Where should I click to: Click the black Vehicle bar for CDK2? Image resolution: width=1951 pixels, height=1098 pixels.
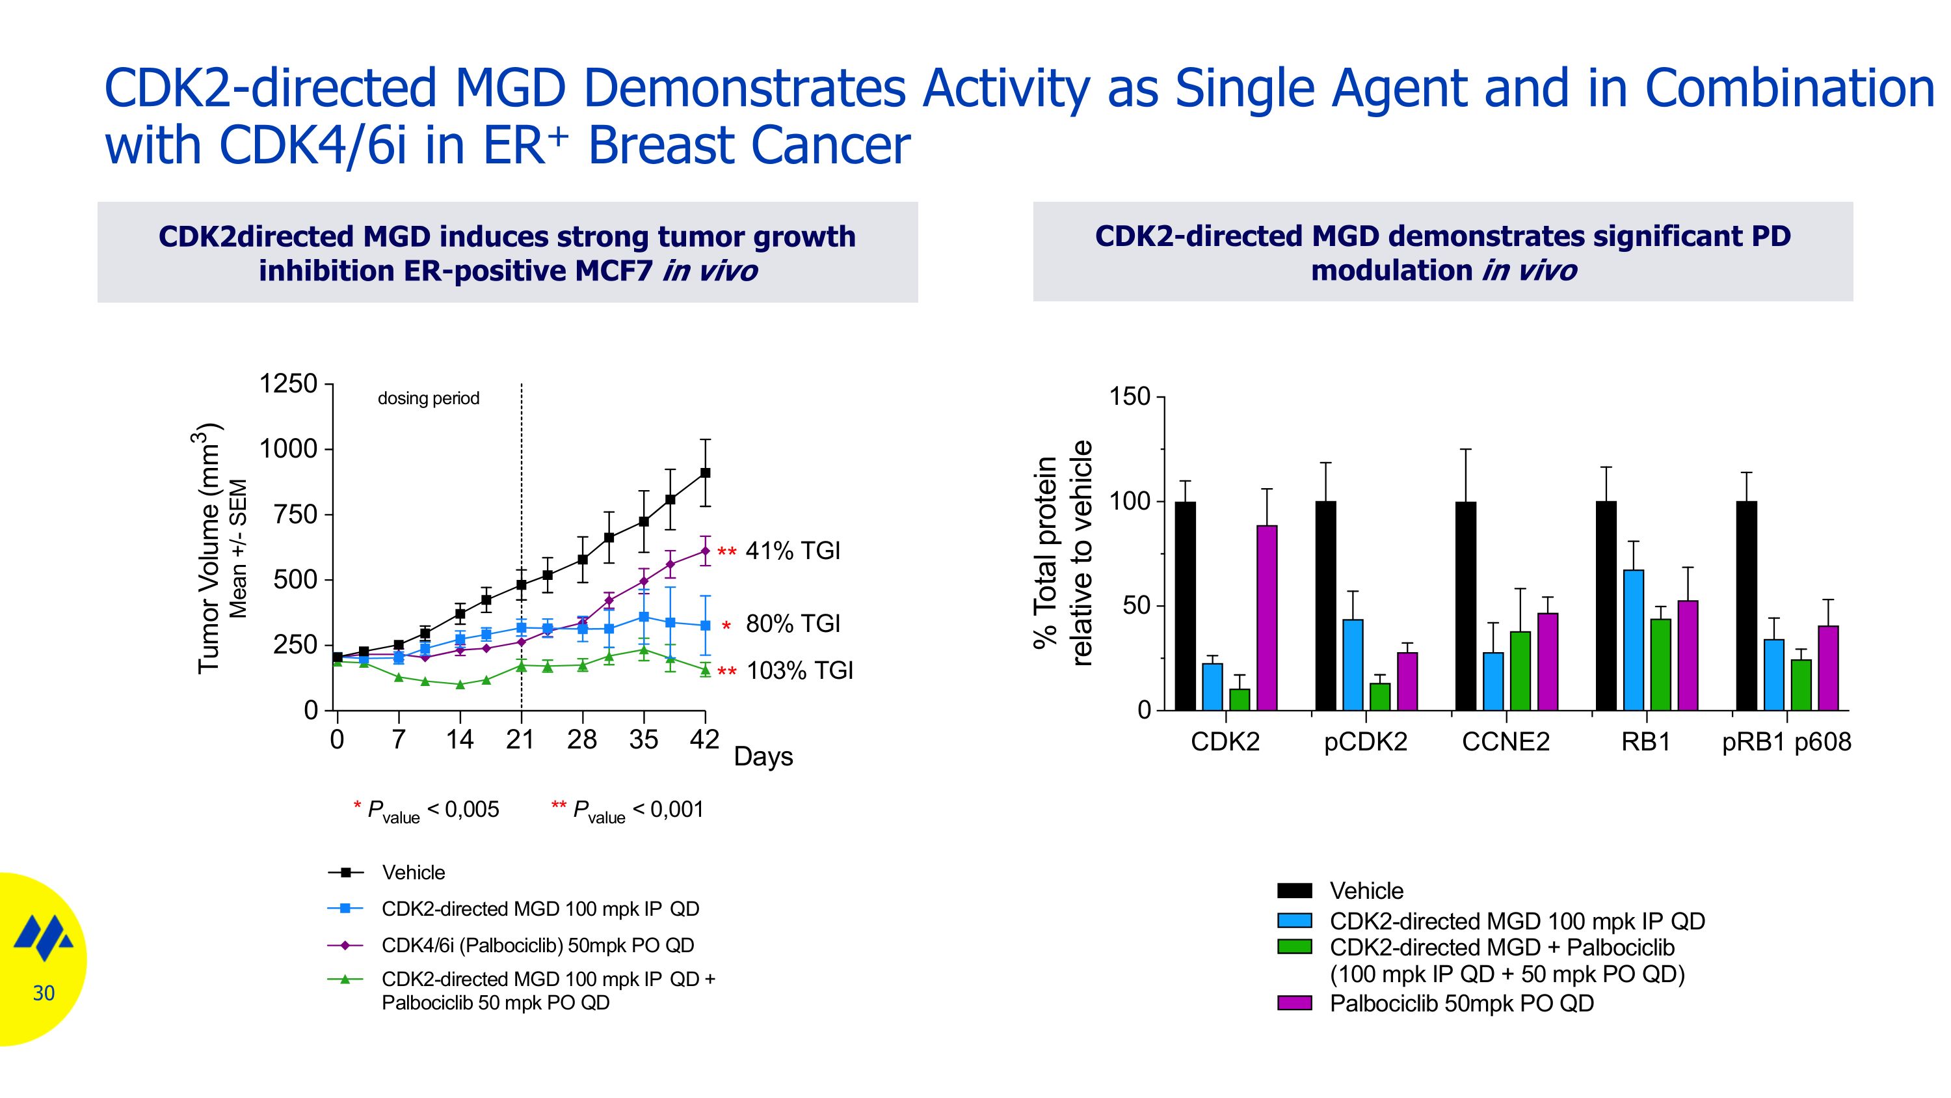(1186, 605)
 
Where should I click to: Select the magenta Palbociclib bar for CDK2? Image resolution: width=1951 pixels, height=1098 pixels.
(1266, 618)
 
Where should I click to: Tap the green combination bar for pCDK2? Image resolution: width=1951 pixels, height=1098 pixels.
(1380, 696)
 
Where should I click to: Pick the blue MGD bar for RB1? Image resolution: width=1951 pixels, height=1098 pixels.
(1634, 640)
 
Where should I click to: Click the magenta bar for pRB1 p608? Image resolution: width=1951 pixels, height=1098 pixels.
(1827, 668)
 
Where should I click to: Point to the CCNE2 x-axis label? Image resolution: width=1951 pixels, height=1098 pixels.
(1506, 742)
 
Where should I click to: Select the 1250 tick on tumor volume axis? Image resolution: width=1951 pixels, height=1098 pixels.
(289, 384)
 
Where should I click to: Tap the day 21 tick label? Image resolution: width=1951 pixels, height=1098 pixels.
(521, 739)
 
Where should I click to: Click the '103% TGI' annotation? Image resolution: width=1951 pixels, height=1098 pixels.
(800, 670)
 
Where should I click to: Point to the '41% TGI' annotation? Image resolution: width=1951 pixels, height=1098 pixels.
(793, 551)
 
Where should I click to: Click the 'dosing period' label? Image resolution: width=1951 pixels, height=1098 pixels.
(429, 398)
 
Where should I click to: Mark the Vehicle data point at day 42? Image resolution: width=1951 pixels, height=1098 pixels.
(705, 473)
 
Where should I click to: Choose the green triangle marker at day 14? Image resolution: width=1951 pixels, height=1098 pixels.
(460, 684)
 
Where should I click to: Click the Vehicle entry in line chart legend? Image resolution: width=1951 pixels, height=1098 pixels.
(414, 873)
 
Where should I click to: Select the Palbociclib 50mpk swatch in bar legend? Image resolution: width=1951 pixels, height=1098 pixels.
(1294, 1003)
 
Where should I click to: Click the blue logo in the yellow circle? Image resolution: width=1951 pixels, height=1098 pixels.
(44, 937)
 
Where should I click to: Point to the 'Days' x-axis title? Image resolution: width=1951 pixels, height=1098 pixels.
(763, 756)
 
